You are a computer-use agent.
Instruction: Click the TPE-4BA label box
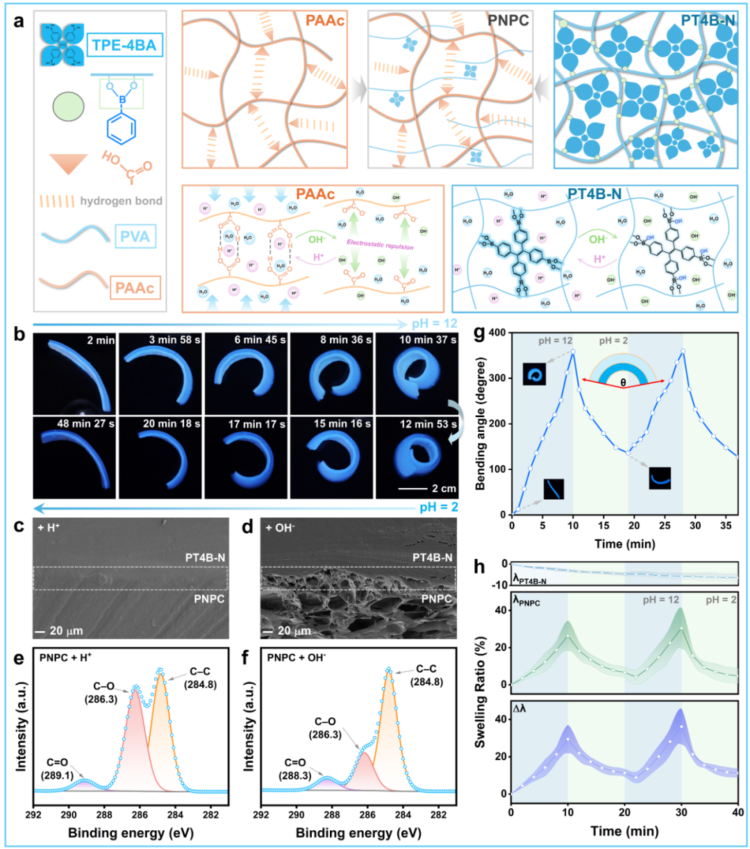click(x=124, y=47)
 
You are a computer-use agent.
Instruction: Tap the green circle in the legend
click(x=69, y=108)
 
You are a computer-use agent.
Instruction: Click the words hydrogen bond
click(x=121, y=201)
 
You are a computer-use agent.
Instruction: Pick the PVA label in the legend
click(x=134, y=237)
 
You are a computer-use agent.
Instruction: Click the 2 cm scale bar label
click(x=444, y=489)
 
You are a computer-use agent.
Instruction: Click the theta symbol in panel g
click(x=624, y=382)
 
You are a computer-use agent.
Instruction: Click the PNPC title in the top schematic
click(x=508, y=21)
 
